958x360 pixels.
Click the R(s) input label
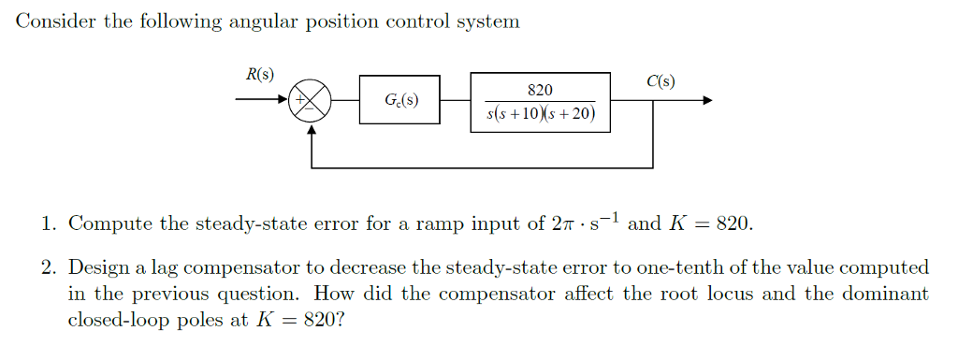(259, 75)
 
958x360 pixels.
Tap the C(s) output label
(660, 81)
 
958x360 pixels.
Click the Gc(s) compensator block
(400, 99)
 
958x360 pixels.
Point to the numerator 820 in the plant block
(540, 90)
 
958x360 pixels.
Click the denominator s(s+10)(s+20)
(541, 115)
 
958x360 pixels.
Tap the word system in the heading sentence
(488, 22)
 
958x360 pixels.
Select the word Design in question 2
(99, 268)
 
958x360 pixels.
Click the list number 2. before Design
(49, 268)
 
